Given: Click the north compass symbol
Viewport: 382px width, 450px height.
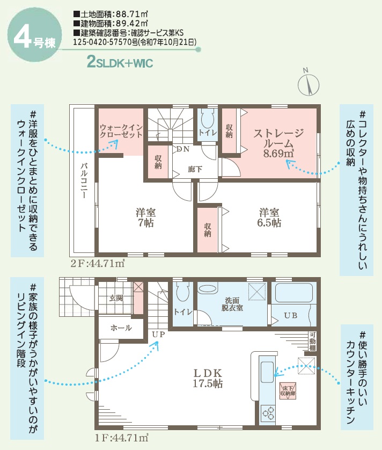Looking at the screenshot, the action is [308, 83].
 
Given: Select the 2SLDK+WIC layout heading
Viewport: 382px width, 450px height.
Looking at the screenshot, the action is [120, 62].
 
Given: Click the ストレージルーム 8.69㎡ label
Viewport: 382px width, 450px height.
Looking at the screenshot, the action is [278, 143].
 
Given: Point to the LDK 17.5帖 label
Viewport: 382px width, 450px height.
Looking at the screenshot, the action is [208, 378].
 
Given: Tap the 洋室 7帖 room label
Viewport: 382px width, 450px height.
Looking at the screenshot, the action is [146, 217].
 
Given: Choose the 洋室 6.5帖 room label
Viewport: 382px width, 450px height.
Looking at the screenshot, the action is [269, 217].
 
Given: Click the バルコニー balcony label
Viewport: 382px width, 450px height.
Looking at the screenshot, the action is [84, 180].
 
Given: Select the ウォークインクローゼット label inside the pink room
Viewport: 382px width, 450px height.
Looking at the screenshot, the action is [121, 131].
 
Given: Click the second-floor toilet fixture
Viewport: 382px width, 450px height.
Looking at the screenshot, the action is [207, 119].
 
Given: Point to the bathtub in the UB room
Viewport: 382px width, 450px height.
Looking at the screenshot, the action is [293, 293].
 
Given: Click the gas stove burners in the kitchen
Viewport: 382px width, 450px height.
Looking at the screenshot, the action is [267, 413].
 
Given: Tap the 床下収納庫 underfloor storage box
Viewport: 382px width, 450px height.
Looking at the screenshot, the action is [288, 391].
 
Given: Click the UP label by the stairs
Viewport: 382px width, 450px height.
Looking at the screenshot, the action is [158, 335].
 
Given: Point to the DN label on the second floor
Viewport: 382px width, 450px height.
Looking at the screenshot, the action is [183, 149].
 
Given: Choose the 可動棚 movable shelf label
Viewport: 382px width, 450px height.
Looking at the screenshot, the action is [313, 341].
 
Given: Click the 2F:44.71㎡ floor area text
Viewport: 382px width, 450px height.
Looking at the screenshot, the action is [98, 263].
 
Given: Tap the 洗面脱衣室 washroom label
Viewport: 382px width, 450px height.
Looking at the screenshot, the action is [232, 304].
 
